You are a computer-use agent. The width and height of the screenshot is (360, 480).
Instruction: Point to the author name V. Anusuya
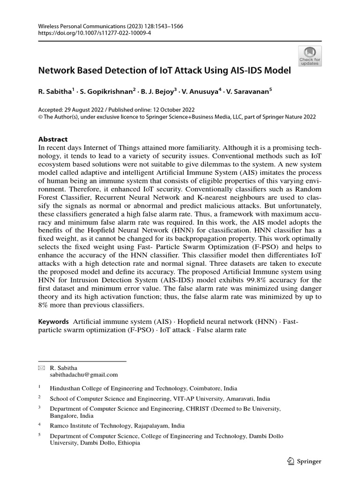click(x=202, y=92)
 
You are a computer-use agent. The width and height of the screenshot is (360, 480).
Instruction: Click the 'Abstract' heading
click(x=52, y=139)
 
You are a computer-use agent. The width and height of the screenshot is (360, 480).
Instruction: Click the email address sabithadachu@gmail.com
click(x=84, y=375)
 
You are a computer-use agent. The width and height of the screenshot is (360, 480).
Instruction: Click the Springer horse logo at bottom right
click(x=290, y=461)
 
